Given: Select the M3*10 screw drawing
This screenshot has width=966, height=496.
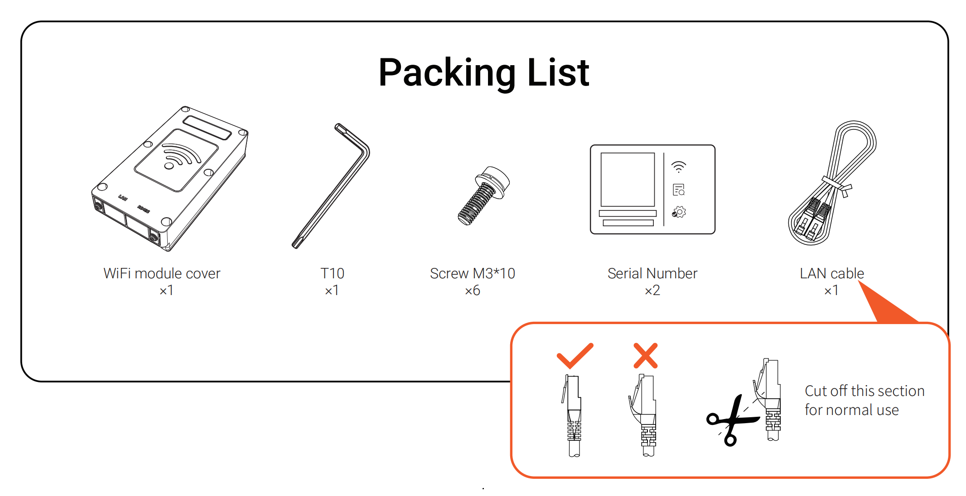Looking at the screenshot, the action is coord(483,196).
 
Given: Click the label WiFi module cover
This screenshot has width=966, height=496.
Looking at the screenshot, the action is coord(162,273).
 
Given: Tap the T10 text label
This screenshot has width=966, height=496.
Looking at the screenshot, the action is coord(332,273).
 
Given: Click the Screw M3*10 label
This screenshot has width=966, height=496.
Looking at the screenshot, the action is coord(473,273).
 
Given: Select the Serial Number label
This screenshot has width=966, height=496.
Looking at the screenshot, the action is coord(652,273).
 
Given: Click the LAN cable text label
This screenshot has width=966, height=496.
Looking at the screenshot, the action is coord(832,273).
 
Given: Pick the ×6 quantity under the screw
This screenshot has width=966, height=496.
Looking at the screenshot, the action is coord(473,291).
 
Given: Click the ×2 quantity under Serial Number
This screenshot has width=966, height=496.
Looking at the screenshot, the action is coord(652,291).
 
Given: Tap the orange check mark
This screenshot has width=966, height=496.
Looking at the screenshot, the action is coord(575,356).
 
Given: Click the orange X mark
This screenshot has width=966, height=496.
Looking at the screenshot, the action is coord(646,356).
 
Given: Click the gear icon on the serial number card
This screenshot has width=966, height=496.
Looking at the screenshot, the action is coord(679,212).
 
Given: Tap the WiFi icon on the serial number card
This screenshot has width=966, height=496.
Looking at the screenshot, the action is coord(679,167).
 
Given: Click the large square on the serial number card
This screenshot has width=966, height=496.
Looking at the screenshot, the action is coord(628,180).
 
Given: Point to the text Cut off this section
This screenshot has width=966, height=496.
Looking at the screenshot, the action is coord(865,391).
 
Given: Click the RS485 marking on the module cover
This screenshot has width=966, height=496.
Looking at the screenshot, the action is coord(144,209).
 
